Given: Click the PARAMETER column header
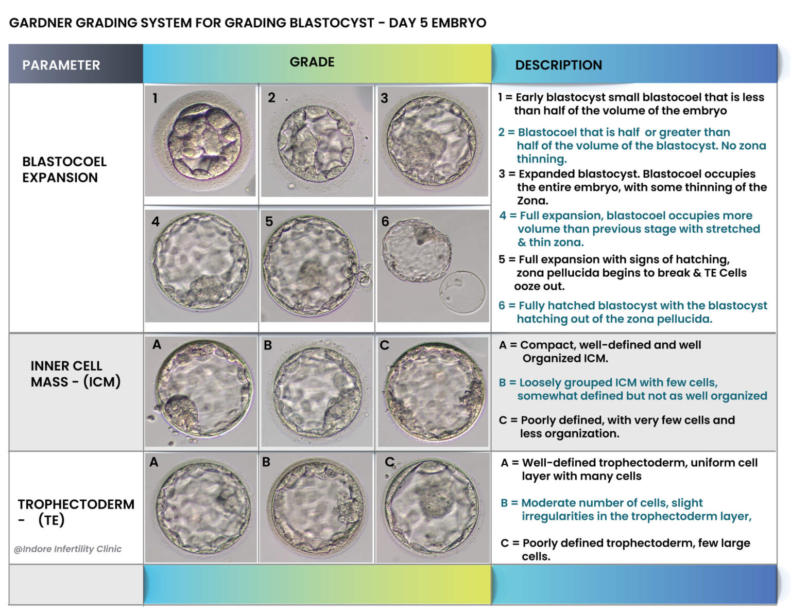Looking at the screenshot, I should [61, 65].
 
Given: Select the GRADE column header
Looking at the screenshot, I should [312, 62].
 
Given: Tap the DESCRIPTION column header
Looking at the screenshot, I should [558, 65].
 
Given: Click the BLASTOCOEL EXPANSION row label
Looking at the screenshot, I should [64, 169].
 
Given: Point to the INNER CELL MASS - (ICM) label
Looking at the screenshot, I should [75, 374].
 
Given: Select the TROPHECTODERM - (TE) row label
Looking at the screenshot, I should [75, 512].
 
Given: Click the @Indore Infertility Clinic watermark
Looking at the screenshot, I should [67, 549].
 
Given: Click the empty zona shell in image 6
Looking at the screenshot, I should [462, 292].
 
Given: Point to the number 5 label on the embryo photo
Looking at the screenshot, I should [269, 222].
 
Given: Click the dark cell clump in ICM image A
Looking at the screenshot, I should [180, 412].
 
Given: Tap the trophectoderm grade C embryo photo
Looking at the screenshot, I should [432, 507].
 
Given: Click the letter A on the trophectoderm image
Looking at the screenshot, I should [153, 463].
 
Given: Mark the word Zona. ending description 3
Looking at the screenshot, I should [532, 201].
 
